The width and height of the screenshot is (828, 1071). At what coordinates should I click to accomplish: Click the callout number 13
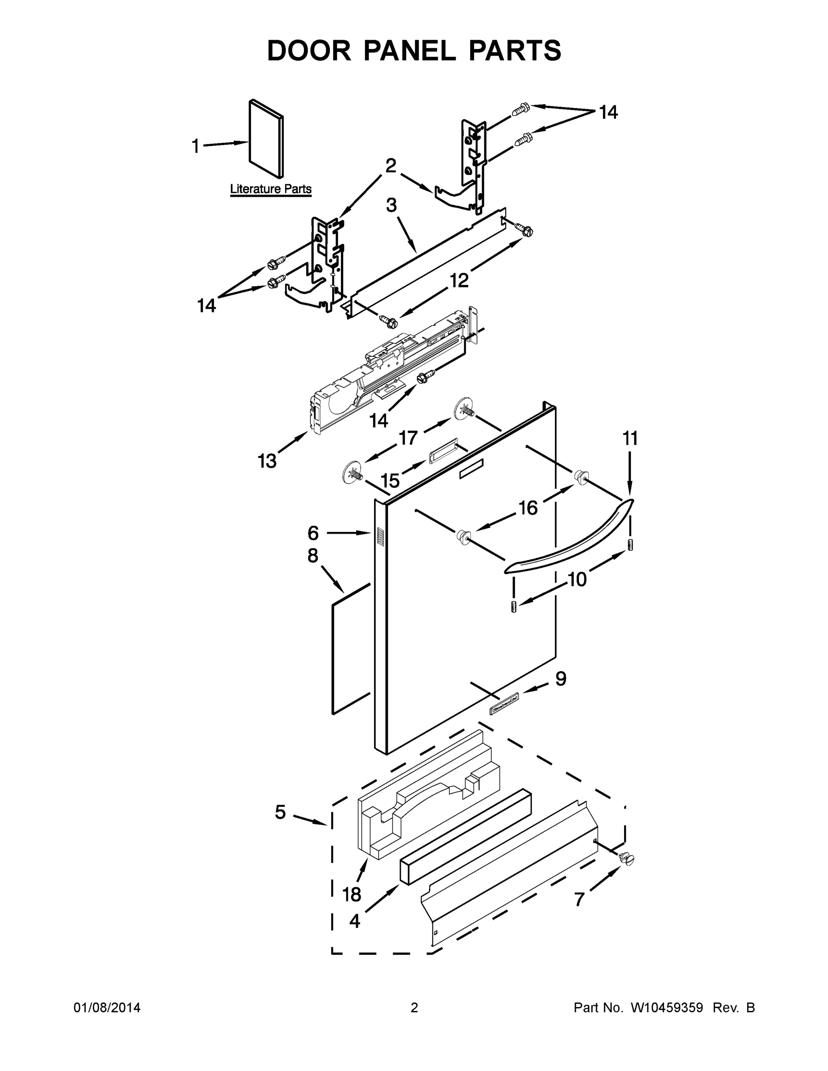267,461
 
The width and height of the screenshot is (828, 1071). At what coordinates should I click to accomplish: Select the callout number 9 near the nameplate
561,679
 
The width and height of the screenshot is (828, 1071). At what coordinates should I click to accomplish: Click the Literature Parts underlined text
271,189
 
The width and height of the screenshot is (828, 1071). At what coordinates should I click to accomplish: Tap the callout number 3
391,205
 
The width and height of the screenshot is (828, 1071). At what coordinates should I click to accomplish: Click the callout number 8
312,556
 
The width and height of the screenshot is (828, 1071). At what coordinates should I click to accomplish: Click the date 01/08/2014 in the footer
107,1008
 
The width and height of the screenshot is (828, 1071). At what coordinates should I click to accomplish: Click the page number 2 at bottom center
414,1008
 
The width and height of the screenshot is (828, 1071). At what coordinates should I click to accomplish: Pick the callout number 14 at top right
608,112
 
